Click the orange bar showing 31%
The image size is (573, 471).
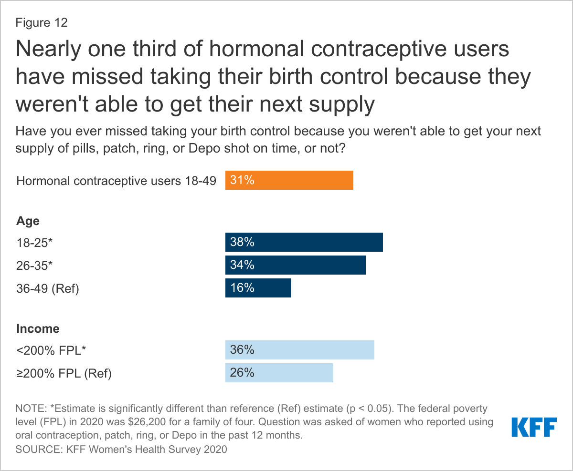click(289, 180)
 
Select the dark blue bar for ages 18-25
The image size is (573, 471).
click(304, 242)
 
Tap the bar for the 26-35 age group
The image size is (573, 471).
click(295, 265)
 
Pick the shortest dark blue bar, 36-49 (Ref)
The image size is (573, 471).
click(258, 288)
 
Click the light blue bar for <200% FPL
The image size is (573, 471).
click(300, 350)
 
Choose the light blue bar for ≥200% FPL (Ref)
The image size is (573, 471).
click(279, 373)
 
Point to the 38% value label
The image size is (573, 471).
click(242, 242)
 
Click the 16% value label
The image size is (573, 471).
click(242, 287)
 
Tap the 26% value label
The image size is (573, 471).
click(242, 372)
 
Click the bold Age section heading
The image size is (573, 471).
click(28, 221)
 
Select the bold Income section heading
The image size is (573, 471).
click(38, 328)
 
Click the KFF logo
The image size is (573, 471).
click(534, 427)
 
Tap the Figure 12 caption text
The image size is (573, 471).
click(41, 22)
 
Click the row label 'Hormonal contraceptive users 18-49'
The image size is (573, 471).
click(117, 181)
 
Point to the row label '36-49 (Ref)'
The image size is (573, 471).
click(48, 288)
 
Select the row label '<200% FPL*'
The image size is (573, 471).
click(51, 350)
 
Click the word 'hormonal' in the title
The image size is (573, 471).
click(256, 49)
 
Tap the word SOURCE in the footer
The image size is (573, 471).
click(39, 449)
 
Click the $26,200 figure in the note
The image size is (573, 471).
click(147, 422)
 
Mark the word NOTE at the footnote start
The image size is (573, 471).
click(31, 409)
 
